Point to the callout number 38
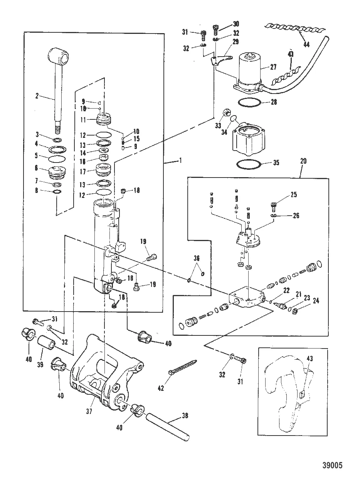point(186,416)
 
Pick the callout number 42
point(161,388)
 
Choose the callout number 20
point(303,162)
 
